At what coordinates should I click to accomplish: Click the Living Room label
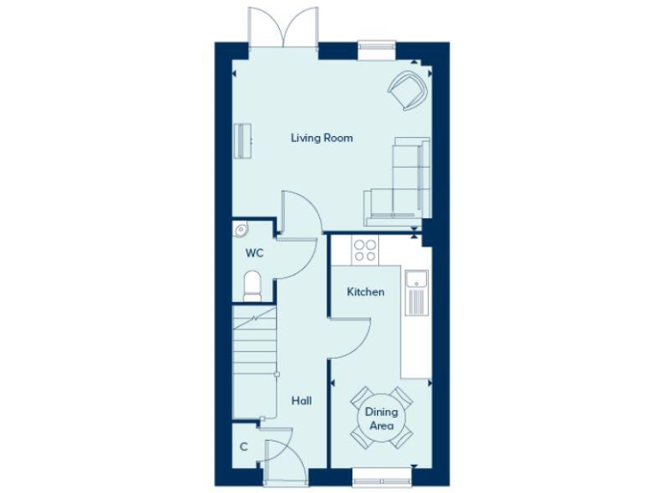coord(322,138)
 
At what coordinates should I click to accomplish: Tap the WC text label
coord(254,253)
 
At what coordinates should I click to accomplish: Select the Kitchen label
coord(365,292)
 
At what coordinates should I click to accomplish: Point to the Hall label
coord(301,401)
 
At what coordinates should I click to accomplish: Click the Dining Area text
coord(382,419)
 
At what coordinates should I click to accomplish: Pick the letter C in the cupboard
coord(244,446)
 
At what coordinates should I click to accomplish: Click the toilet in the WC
coord(252,286)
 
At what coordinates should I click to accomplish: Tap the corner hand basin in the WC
coord(240,229)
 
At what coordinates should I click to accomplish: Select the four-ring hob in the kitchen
coord(365,249)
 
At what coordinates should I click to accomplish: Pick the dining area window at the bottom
coord(382,472)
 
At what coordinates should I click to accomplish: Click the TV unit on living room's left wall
coord(244,140)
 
